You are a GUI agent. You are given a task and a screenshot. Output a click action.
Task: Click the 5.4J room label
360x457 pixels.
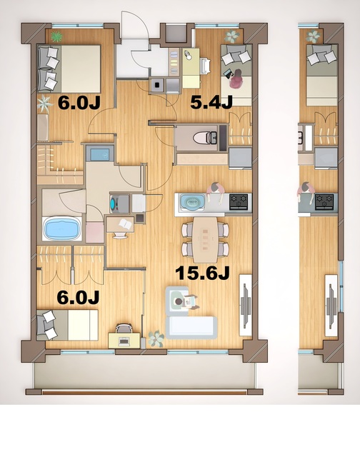pyautogui.click(x=212, y=102)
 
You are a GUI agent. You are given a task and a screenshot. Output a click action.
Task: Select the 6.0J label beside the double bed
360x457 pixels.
pyautogui.click(x=79, y=102)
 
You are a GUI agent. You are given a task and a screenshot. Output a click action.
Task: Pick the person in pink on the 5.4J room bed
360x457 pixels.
pyautogui.click(x=238, y=76)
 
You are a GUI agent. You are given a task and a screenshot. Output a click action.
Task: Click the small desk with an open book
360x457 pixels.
pyautogui.click(x=121, y=225)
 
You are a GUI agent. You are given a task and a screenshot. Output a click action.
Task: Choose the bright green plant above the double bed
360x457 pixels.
pyautogui.click(x=56, y=35)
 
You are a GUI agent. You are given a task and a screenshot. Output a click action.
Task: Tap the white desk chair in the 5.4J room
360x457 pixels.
pyautogui.click(x=206, y=64)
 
